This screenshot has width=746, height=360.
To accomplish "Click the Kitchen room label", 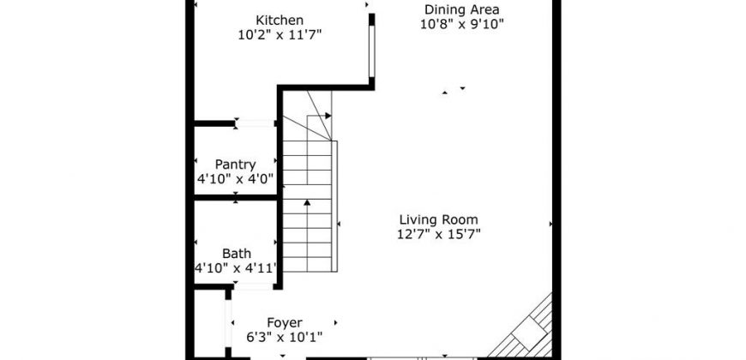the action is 280,21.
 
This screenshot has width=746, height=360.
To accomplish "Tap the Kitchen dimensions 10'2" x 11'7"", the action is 280,35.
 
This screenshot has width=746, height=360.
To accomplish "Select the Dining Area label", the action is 462,9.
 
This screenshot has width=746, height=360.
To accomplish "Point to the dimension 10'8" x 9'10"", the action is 462,24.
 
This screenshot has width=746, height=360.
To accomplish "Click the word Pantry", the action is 236,165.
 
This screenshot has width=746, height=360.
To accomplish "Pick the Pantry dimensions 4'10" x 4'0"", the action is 236,179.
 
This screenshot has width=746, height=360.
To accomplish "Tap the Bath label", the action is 237,254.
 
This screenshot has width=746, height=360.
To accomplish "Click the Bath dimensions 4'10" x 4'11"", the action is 236,268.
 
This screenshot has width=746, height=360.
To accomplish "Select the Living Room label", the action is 439,219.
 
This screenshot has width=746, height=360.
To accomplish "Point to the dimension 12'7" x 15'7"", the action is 439,234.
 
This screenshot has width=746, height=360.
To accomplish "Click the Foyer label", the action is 285,323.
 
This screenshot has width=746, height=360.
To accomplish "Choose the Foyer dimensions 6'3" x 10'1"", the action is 285,338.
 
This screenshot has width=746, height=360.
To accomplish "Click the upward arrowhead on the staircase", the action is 307,202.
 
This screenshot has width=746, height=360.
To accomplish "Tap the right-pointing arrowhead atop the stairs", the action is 328,116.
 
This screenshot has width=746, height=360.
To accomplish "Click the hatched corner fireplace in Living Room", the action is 527,329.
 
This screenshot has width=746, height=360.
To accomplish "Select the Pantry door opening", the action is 256,123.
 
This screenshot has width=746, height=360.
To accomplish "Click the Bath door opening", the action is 254,286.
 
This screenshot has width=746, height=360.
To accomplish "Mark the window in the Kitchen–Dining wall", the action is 371,51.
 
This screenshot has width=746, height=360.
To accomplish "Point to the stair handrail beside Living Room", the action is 334,206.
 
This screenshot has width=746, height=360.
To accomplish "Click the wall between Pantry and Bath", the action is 236,197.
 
